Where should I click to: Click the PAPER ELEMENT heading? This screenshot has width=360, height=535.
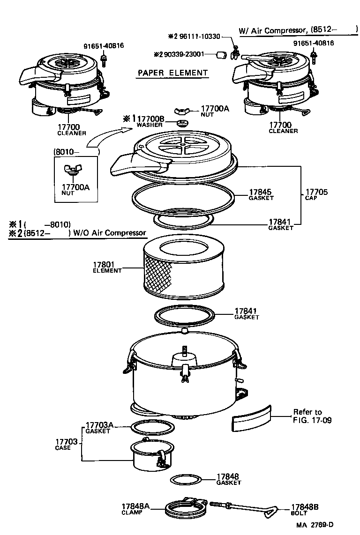point(172,73)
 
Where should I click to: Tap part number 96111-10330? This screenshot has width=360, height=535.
point(197,36)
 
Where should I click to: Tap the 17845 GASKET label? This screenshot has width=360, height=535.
point(261,194)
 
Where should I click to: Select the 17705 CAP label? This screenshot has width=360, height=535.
point(316,194)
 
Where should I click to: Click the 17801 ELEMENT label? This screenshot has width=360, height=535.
point(107,267)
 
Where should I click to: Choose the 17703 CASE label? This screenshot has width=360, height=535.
point(66,444)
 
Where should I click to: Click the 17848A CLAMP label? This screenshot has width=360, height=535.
point(135,509)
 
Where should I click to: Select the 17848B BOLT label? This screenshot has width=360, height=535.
point(305,509)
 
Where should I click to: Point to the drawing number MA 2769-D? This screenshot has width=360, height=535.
point(317,525)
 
